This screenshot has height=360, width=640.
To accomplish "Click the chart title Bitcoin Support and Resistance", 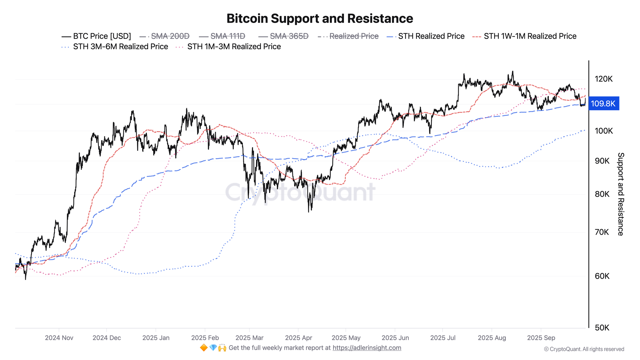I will point(320,19).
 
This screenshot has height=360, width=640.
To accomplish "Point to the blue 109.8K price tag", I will point(603,104).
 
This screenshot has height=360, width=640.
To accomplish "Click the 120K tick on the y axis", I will point(604,79).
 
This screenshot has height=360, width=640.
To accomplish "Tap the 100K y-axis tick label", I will point(604,131).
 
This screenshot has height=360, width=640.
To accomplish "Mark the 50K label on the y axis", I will point(602,328).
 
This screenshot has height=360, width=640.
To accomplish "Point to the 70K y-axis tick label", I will point(602,232).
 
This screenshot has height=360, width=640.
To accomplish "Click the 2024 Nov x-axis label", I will point(59,338).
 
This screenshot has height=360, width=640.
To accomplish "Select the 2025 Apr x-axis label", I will point(299,338).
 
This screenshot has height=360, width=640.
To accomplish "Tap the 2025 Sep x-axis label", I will point(541,338).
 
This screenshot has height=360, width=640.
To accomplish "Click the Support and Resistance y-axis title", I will point(620,194).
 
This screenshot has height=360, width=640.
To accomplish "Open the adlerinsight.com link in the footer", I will point(367,348).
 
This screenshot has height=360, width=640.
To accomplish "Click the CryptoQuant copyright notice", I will point(584,349).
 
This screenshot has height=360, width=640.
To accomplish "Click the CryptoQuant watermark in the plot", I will point(300,192).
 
